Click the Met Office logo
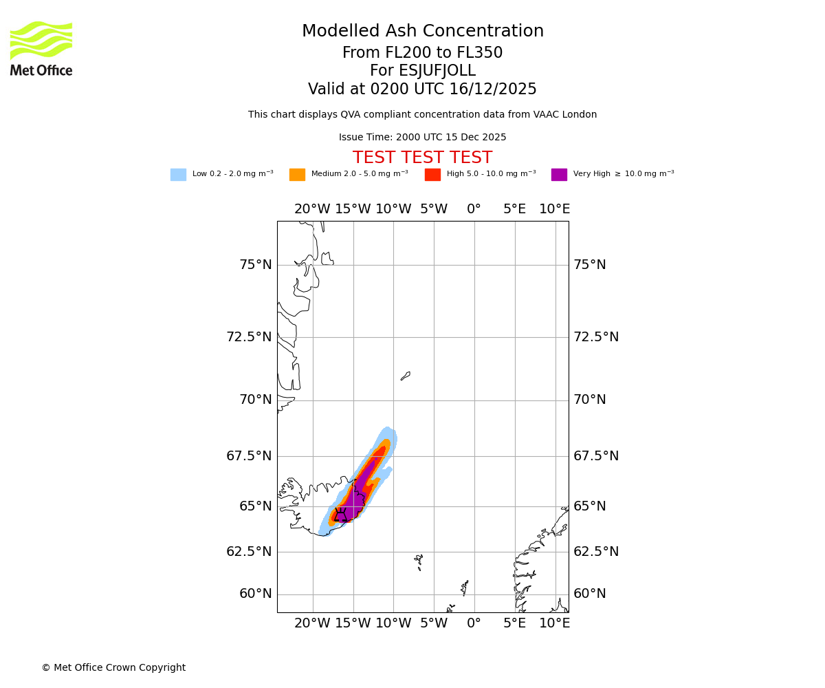(41, 48)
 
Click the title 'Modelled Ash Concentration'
(422, 32)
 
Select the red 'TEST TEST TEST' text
(422, 158)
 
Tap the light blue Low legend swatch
(178, 175)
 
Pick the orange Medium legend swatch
(297, 175)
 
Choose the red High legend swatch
(432, 175)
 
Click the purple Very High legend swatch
(559, 175)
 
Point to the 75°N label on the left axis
(255, 265)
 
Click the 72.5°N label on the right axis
(596, 337)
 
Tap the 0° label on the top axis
(474, 209)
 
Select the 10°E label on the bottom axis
(554, 623)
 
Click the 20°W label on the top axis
(312, 209)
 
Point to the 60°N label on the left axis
(255, 594)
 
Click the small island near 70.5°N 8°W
(406, 376)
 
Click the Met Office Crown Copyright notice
(113, 668)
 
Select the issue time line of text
(422, 138)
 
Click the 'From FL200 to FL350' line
(422, 53)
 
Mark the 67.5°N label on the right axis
(596, 456)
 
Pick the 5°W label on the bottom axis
(433, 623)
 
